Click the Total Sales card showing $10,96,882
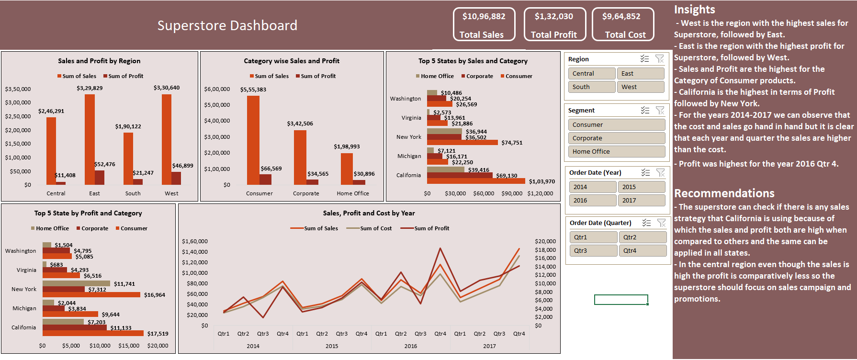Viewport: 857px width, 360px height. (484, 24)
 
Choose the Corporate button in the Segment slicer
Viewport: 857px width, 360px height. (616, 138)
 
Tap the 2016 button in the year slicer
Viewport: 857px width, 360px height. (592, 200)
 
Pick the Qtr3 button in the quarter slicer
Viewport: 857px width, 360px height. (593, 250)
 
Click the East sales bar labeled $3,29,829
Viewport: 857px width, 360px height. (90, 139)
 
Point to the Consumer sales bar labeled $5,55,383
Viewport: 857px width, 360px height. (253, 140)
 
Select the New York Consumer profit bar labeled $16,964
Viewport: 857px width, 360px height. (91, 295)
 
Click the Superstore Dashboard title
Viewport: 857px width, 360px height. (227, 25)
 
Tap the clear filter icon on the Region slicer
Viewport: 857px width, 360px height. (659, 59)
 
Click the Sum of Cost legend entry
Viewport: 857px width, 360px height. (370, 228)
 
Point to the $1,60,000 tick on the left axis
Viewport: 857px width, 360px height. (194, 241)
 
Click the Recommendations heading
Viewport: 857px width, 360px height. (724, 193)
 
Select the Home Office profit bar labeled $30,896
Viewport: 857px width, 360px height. (359, 182)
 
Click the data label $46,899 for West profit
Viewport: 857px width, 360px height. (182, 166)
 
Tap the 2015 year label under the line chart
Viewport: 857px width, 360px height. (331, 346)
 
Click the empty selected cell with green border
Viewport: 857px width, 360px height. (620, 300)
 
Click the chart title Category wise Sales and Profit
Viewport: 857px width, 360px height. (291, 61)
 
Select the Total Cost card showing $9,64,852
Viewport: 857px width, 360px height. (622, 24)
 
